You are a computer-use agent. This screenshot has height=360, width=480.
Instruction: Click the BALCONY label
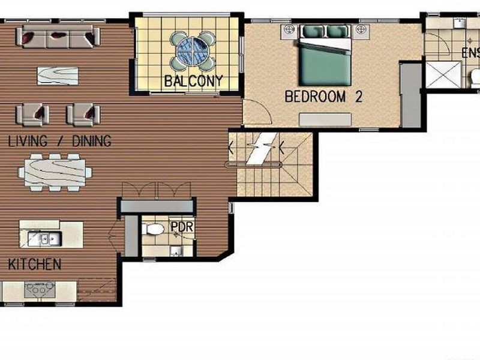click(194, 80)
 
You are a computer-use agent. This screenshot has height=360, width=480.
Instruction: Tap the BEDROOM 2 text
click(323, 97)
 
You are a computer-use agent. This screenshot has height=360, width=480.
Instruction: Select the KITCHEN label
click(34, 263)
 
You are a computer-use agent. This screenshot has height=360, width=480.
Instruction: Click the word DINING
click(92, 142)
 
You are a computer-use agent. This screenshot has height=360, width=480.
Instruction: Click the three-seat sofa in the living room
click(58, 38)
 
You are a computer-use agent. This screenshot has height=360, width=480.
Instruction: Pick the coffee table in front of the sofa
click(58, 75)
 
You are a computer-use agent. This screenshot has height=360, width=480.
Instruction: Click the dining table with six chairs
click(55, 172)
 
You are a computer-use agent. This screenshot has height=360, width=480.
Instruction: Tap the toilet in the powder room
click(154, 229)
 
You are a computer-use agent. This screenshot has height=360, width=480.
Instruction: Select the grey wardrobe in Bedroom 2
click(411, 96)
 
